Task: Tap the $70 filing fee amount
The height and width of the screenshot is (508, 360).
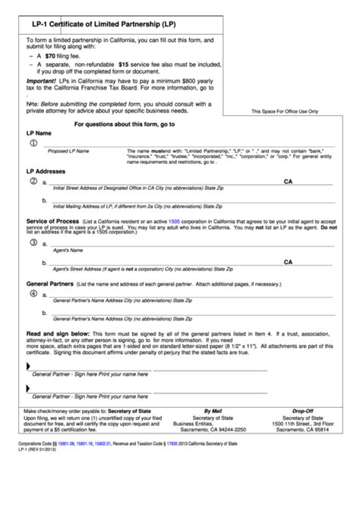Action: (51, 56)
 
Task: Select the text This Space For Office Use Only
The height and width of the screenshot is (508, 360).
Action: (285, 112)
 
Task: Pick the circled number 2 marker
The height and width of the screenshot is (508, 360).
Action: (33, 181)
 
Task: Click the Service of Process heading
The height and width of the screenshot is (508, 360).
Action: (54, 220)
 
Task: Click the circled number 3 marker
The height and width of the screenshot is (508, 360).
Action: (33, 242)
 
